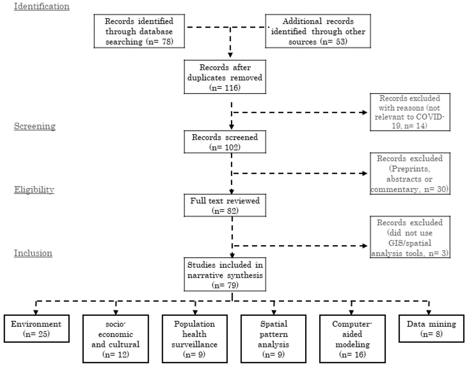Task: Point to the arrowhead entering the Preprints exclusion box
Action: (365, 173)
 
